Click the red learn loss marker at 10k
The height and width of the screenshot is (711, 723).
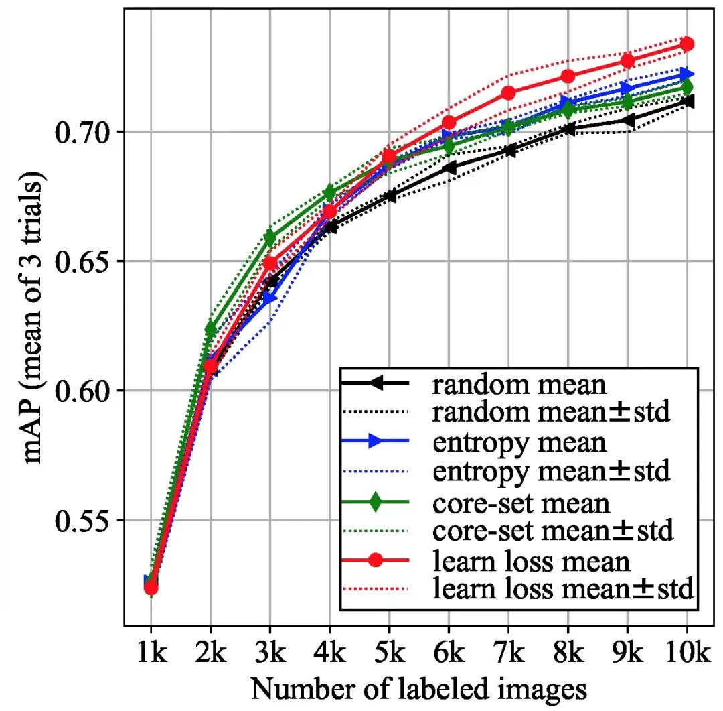click(687, 44)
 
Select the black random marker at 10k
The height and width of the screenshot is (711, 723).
click(687, 101)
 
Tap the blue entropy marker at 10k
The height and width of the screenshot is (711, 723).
click(687, 74)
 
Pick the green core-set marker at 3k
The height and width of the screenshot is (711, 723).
click(270, 238)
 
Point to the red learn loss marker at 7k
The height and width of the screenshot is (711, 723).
click(508, 93)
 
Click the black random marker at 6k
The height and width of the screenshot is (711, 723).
click(449, 168)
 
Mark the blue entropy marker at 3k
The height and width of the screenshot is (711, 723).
click(270, 298)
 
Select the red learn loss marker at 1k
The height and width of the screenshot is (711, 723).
click(151, 588)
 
